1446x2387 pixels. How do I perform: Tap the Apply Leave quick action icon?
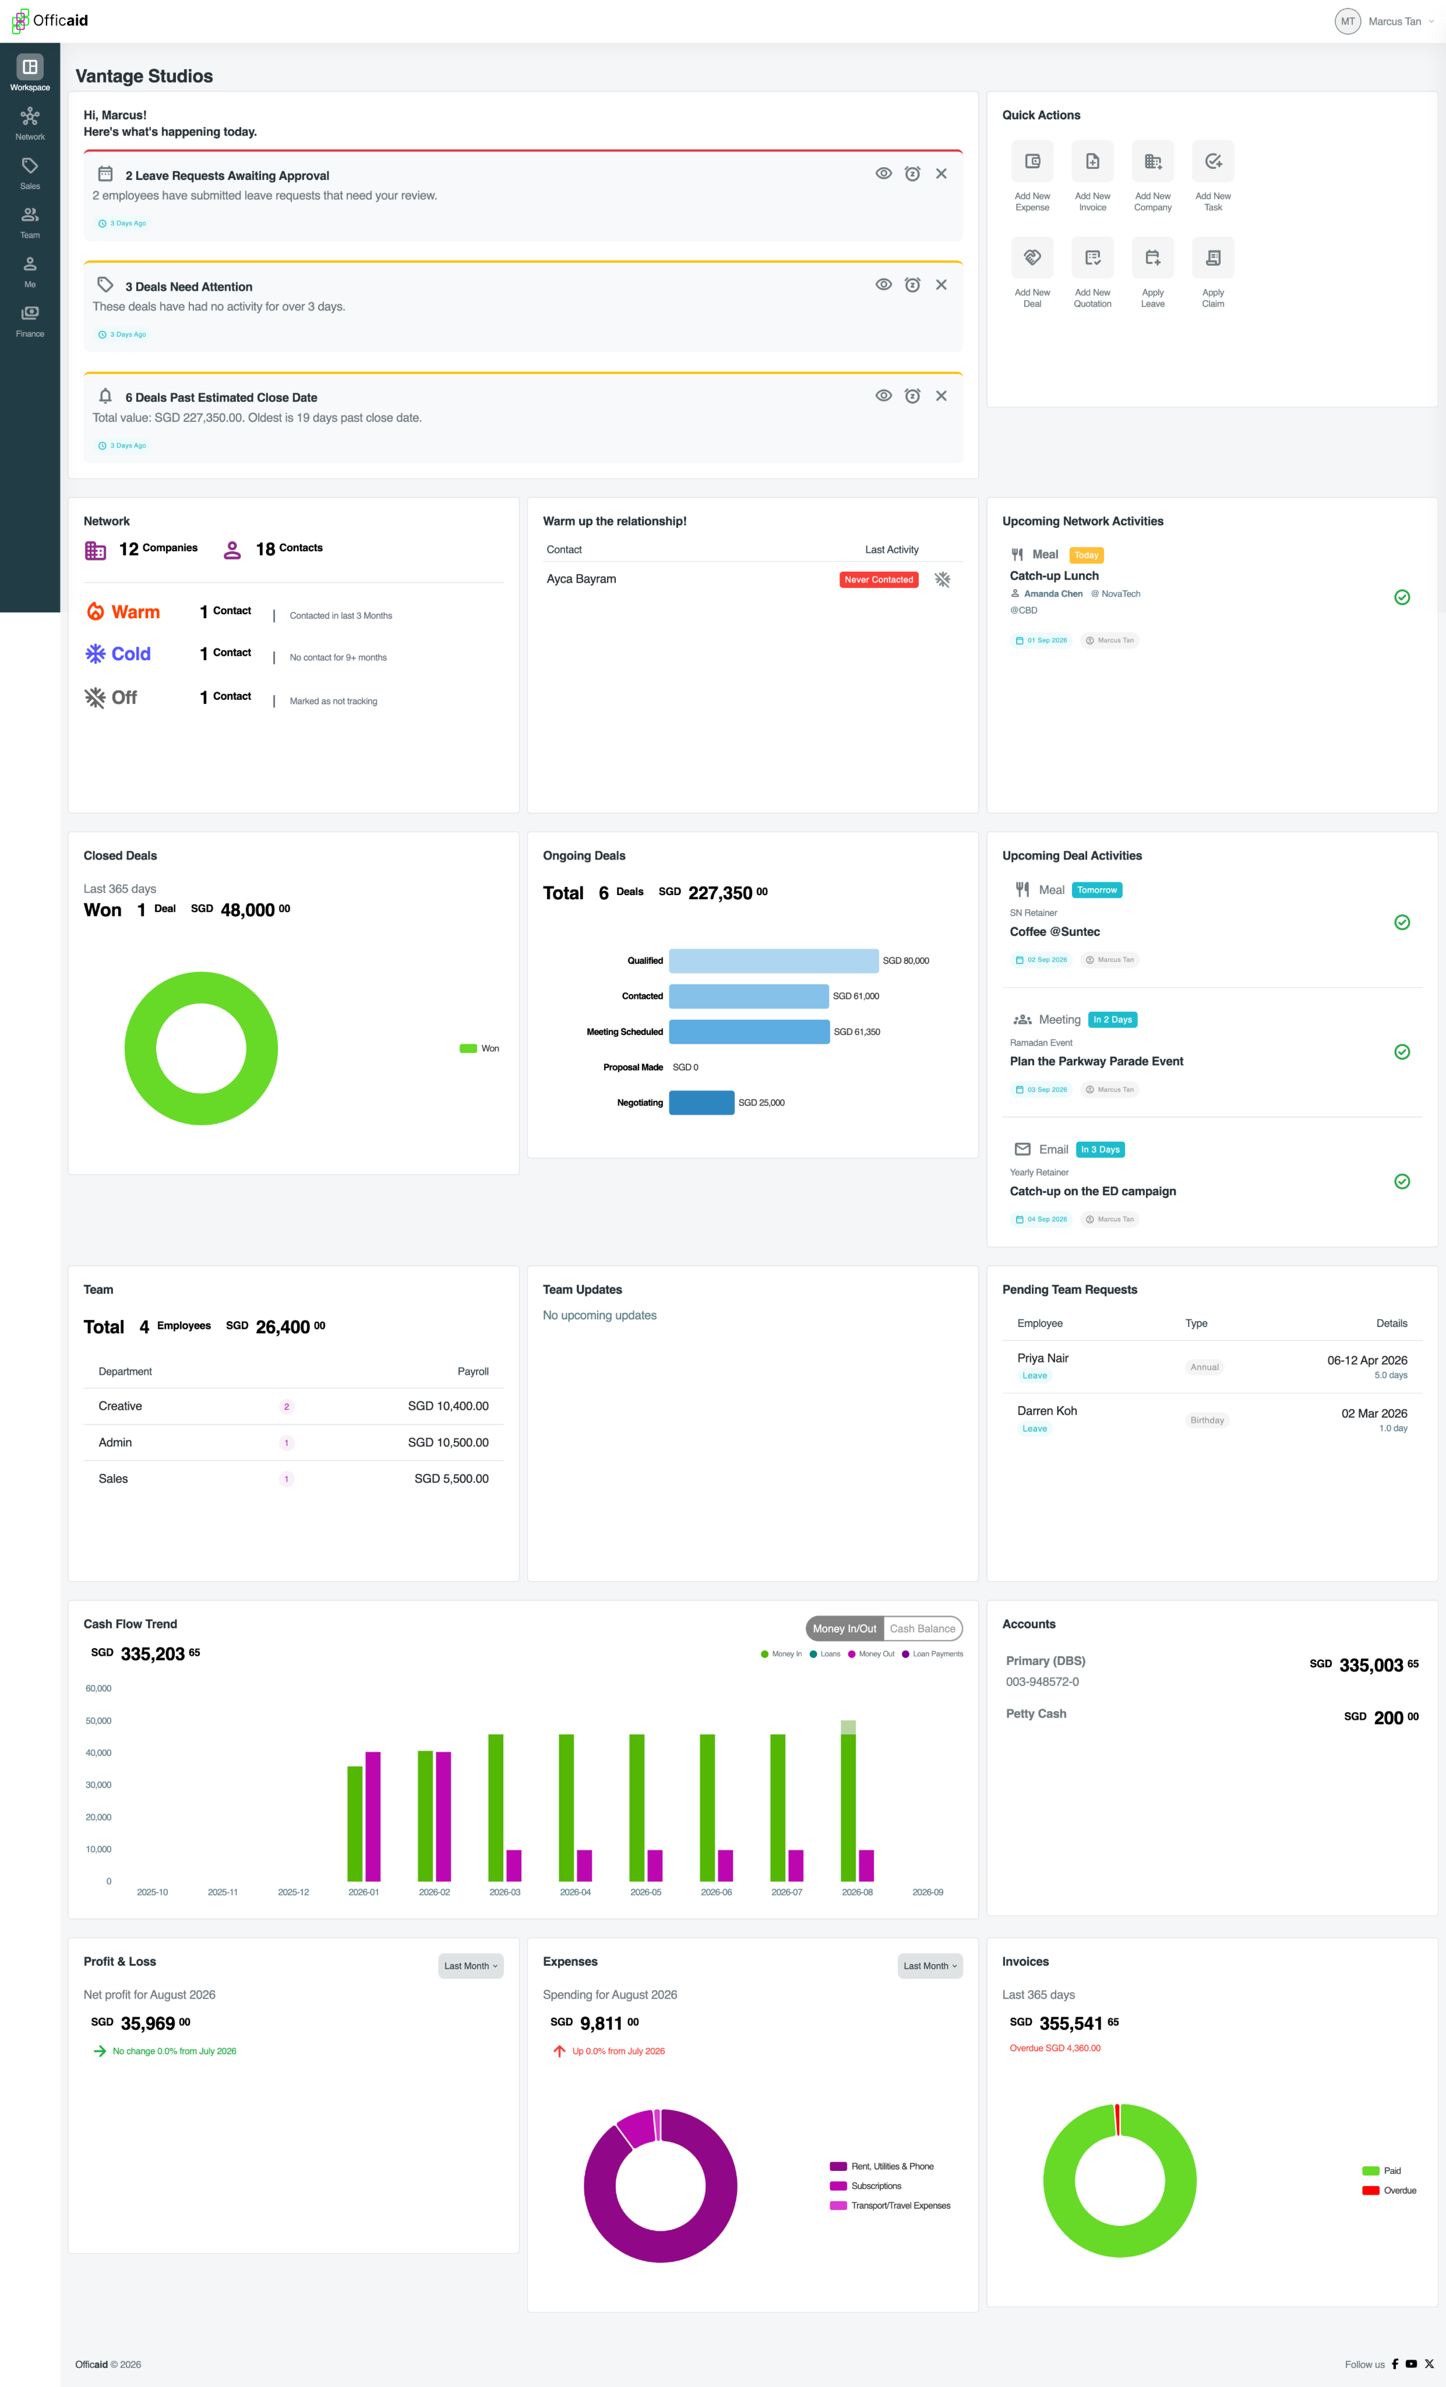click(x=1152, y=258)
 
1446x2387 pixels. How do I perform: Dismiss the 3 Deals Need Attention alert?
click(x=940, y=285)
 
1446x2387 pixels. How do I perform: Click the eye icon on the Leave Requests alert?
click(x=883, y=173)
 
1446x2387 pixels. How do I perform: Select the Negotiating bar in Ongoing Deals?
click(x=701, y=1102)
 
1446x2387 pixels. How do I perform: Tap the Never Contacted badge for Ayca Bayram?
click(x=879, y=579)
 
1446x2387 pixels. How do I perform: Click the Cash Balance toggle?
click(x=922, y=1628)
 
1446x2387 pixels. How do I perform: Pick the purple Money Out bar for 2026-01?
click(x=373, y=1816)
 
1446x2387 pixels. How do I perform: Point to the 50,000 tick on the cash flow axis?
click(x=98, y=1720)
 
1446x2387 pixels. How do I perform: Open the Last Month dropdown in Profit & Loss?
click(x=471, y=1966)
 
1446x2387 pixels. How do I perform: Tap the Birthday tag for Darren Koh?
click(x=1207, y=1420)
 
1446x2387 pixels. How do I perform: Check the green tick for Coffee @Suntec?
click(x=1401, y=922)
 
